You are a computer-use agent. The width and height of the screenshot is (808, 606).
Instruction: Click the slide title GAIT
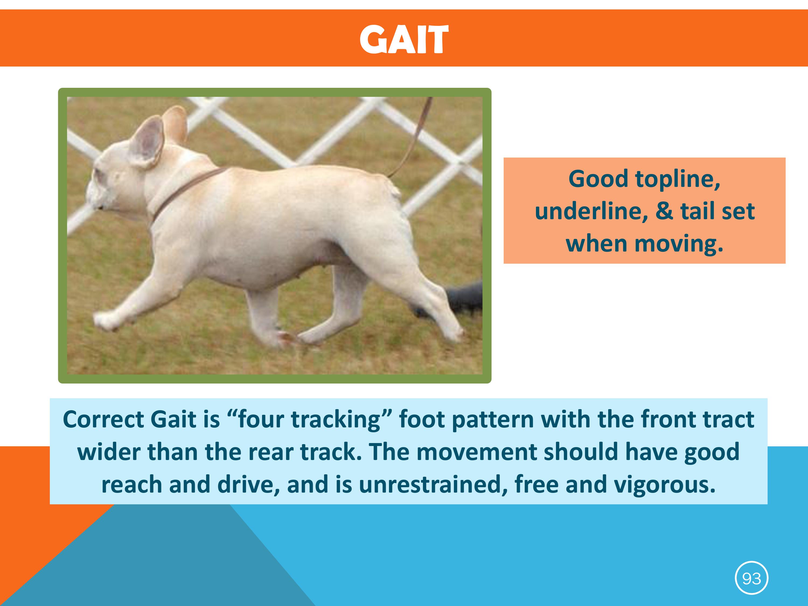(x=404, y=39)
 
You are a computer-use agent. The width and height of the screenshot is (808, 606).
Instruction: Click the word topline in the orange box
(x=678, y=179)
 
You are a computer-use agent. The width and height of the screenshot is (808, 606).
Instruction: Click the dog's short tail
(x=396, y=190)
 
